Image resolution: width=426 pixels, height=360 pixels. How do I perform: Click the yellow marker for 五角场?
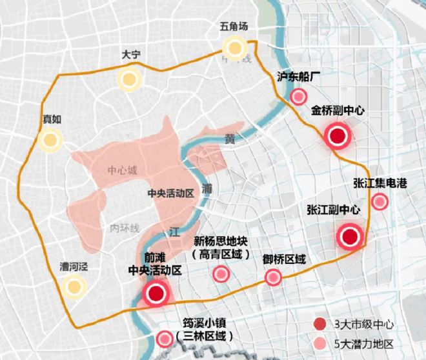235,47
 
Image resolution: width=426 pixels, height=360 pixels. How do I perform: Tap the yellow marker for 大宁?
129,79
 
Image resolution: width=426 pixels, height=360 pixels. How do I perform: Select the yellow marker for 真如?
49,139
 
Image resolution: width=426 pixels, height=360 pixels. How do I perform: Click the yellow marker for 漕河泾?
74,286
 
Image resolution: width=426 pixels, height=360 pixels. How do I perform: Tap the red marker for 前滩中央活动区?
156,294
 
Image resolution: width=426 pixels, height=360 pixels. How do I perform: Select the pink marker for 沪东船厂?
298,97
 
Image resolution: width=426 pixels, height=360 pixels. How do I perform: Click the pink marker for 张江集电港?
380,203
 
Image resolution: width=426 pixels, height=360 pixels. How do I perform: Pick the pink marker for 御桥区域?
273,278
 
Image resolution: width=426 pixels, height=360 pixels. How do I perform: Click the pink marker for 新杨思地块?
221,274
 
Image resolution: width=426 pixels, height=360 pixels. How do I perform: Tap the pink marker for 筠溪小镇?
165,338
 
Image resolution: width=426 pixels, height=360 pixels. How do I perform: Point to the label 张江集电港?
380,183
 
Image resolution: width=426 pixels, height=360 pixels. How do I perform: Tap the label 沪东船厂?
299,77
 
